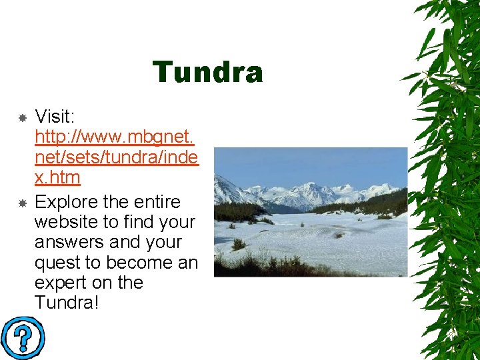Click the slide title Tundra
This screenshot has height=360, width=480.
[207, 73]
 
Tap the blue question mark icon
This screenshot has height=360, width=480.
[22, 338]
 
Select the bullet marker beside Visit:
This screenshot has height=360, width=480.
[21, 118]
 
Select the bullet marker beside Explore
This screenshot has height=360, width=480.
[21, 202]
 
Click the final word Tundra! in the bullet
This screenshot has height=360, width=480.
[67, 303]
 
